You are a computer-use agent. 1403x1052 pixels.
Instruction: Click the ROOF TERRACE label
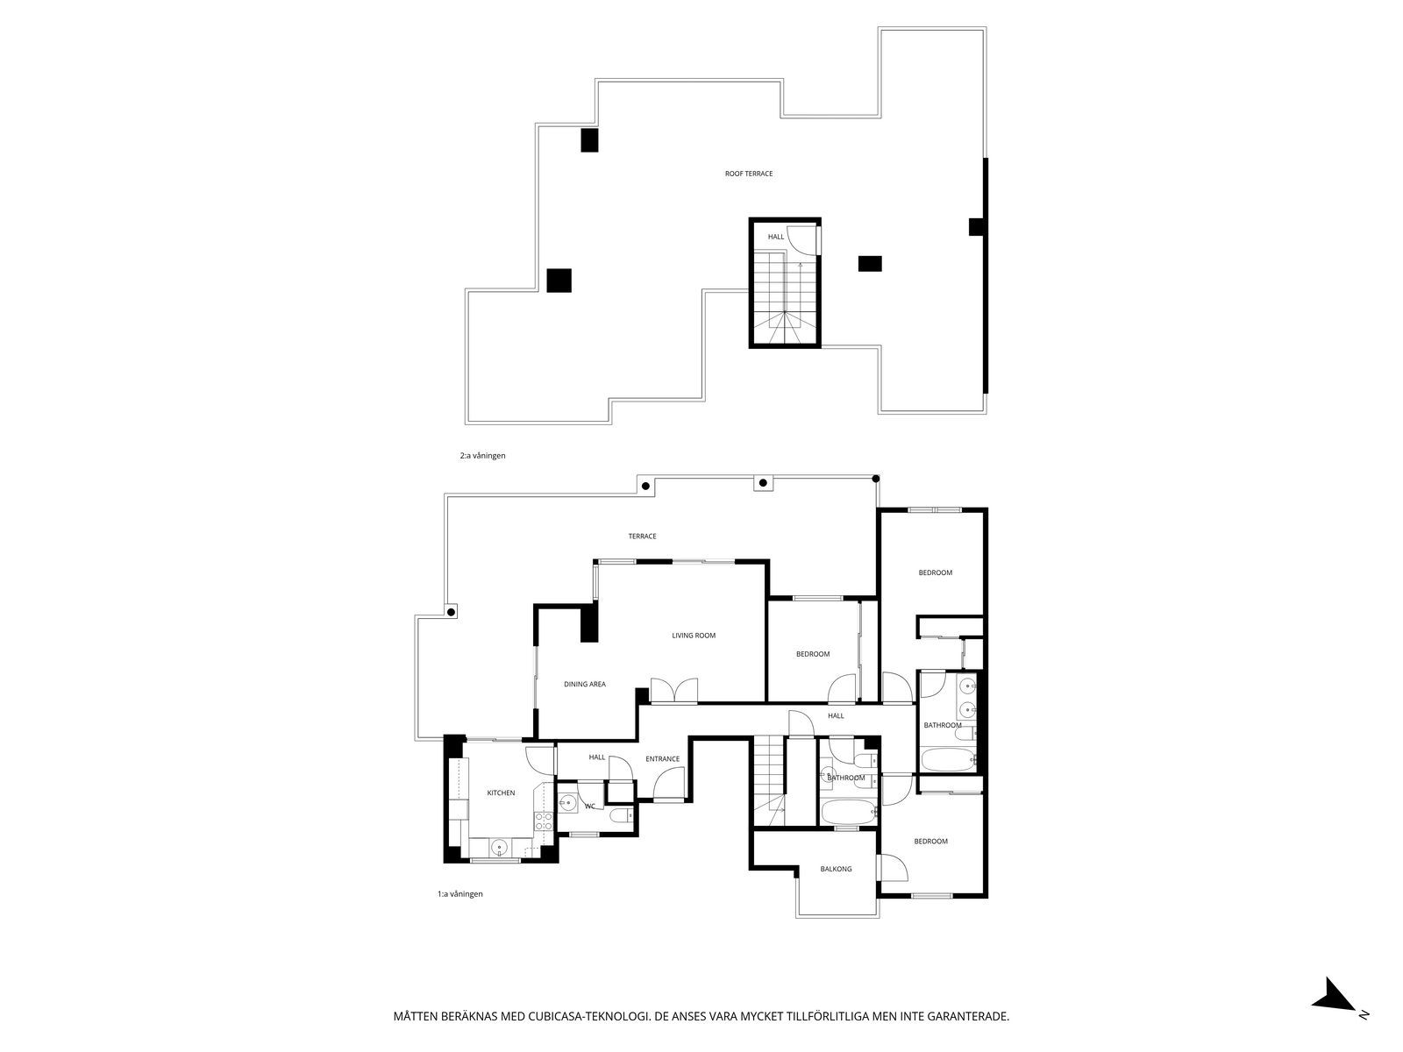pos(749,173)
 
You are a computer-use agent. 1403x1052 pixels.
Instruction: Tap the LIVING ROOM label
pos(694,635)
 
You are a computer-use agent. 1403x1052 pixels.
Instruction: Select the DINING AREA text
pos(584,684)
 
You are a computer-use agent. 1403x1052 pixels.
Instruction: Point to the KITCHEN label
pos(501,793)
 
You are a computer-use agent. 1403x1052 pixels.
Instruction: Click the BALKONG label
pos(836,869)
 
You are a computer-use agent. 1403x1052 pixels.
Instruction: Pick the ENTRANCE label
pos(662,759)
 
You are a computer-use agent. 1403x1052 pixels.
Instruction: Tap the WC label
pos(589,806)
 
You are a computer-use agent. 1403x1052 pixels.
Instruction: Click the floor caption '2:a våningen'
pos(482,455)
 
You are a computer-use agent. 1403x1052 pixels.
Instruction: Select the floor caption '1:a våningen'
pos(459,893)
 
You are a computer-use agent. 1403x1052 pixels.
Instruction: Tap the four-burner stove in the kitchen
pos(544,821)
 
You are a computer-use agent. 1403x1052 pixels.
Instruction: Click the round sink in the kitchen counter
pos(499,848)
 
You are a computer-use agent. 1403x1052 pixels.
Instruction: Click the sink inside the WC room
pos(567,803)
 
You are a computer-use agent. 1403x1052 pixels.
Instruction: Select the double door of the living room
pos(673,691)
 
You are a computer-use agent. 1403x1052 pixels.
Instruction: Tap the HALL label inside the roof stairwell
pos(775,237)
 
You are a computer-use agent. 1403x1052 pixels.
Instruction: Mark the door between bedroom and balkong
pos(893,867)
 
